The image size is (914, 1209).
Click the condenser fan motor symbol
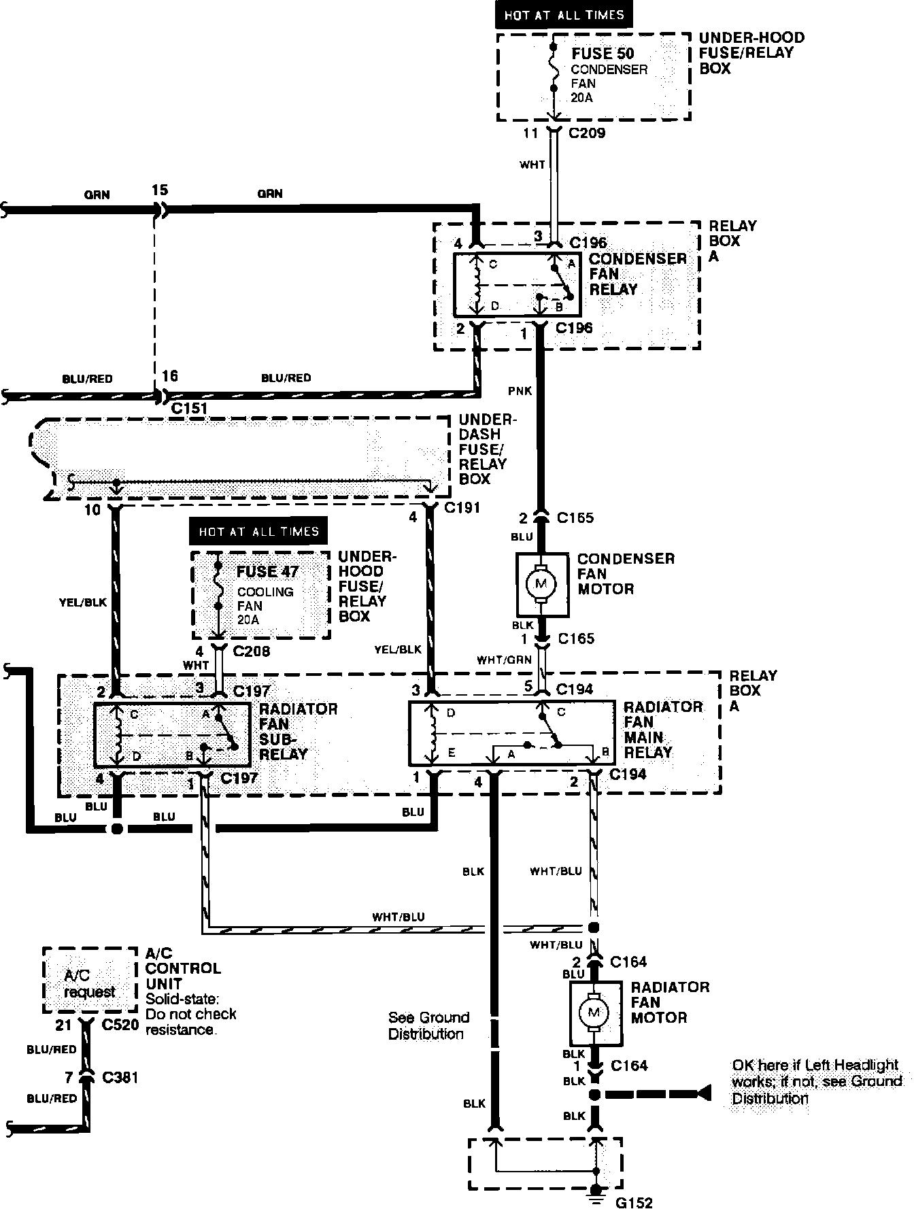point(542,583)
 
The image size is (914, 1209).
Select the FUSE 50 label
point(603,54)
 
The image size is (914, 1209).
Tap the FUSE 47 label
point(267,572)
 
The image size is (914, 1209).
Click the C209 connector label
point(587,133)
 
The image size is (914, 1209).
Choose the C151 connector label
point(189,408)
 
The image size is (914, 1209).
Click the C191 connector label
point(462,508)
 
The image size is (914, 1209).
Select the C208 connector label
point(252,651)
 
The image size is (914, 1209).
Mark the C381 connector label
point(120,1077)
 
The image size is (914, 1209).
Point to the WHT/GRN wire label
point(504,660)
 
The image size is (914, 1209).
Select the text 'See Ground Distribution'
point(428,1025)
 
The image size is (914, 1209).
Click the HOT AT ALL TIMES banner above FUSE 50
point(564,15)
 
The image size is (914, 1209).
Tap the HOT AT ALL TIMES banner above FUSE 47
point(258,530)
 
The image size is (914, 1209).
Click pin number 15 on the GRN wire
point(159,190)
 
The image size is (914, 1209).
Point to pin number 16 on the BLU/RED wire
point(169,376)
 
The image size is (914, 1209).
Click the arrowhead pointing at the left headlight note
point(704,1093)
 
